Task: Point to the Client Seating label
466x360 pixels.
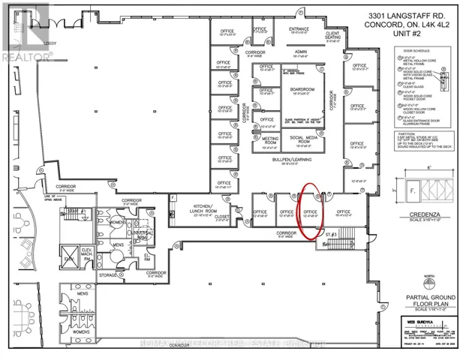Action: [333, 35]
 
